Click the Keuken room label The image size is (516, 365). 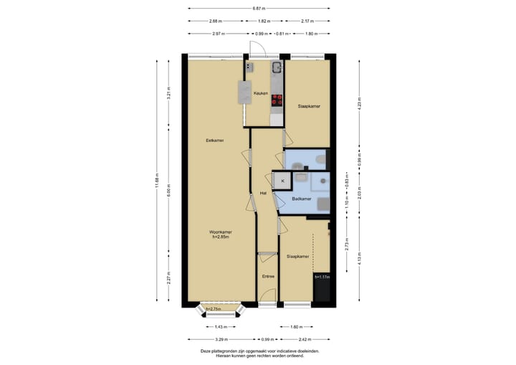click(x=260, y=93)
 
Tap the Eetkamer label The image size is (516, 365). click(x=214, y=140)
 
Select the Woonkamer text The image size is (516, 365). click(x=220, y=232)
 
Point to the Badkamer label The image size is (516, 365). click(x=302, y=199)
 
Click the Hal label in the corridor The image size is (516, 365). click(x=264, y=193)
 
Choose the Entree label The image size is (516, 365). click(x=268, y=276)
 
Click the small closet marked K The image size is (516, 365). click(x=282, y=181)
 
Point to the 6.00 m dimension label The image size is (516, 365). click(x=168, y=192)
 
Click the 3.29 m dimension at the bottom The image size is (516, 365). click(x=221, y=338)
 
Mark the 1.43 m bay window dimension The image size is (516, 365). click(x=221, y=326)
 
